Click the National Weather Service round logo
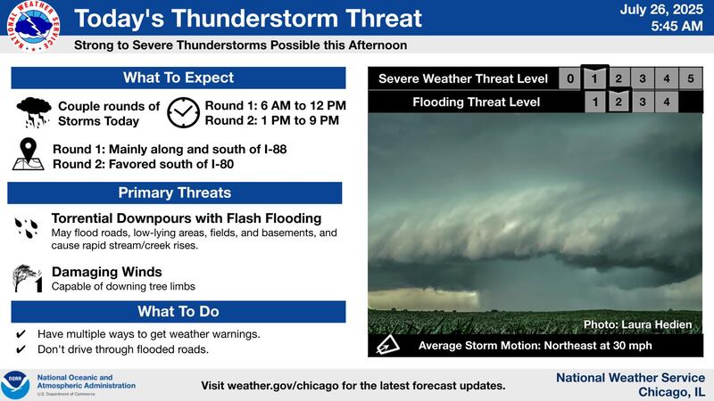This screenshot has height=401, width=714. pyautogui.click(x=38, y=25)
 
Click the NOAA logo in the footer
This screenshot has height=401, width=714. pyautogui.click(x=15, y=384)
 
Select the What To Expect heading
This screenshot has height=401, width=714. pyautogui.click(x=178, y=78)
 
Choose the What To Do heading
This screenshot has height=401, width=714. pyautogui.click(x=178, y=311)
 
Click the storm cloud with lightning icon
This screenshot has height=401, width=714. pyautogui.click(x=33, y=113)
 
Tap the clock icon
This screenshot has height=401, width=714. pyautogui.click(x=183, y=113)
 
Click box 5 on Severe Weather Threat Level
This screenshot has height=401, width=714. pyautogui.click(x=690, y=79)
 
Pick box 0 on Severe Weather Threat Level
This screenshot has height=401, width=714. pyautogui.click(x=570, y=79)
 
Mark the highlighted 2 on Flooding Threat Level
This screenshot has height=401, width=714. pyautogui.click(x=619, y=102)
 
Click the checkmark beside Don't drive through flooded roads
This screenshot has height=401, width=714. pyautogui.click(x=21, y=349)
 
